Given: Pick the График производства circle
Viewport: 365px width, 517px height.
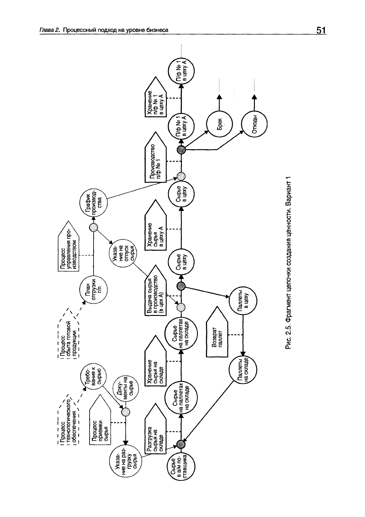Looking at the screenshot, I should (x=93, y=201).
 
